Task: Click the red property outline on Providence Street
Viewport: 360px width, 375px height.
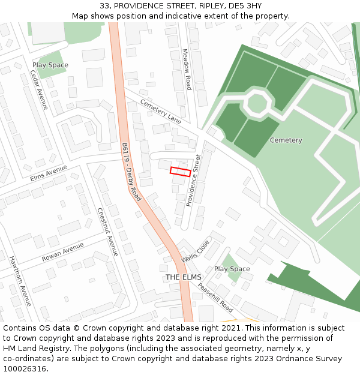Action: tap(181, 172)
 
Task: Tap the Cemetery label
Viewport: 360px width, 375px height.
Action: tap(286, 140)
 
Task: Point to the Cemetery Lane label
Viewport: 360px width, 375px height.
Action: tap(160, 112)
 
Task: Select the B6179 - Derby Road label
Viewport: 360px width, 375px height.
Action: tap(131, 172)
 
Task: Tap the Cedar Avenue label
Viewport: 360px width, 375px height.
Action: tap(39, 89)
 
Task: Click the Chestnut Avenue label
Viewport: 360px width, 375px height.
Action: tap(108, 232)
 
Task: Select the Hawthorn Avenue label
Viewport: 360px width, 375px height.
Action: tap(20, 281)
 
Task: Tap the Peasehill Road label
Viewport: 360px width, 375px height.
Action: tap(215, 297)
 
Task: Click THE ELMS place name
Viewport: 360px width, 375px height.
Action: tap(184, 277)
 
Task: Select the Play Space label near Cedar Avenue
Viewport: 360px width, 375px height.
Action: tap(50, 65)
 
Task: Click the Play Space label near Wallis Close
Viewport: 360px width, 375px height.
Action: tap(232, 269)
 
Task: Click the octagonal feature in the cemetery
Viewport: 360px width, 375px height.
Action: tap(257, 103)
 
